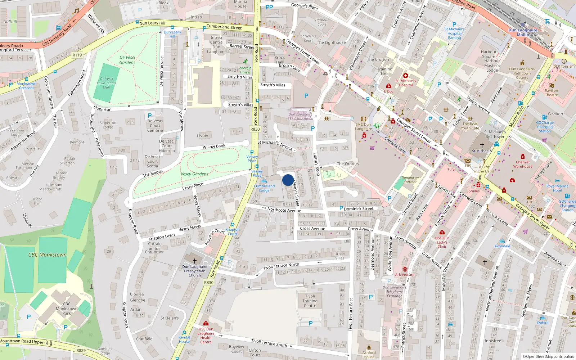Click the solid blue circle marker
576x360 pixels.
(288, 180)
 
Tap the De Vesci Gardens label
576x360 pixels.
(127, 60)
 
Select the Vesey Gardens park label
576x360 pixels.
(194, 174)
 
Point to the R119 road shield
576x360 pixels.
(77, 55)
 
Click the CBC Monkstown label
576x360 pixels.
(48, 255)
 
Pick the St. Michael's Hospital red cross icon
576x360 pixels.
(406, 76)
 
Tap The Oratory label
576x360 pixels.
(348, 164)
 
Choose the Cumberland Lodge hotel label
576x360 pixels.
(264, 188)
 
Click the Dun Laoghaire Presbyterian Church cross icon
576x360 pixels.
(195, 260)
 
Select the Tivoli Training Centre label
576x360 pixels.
(310, 301)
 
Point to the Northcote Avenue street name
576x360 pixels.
(284, 210)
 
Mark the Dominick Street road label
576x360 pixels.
(359, 209)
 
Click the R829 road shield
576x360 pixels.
(81, 350)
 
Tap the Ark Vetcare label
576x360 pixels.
(405, 275)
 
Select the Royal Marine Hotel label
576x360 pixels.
(557, 188)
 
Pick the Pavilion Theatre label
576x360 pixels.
(551, 93)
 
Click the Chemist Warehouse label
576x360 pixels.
(523, 164)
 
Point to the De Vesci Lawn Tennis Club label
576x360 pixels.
(107, 83)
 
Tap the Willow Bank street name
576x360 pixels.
(214, 147)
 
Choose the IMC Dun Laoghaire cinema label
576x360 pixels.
(364, 126)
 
